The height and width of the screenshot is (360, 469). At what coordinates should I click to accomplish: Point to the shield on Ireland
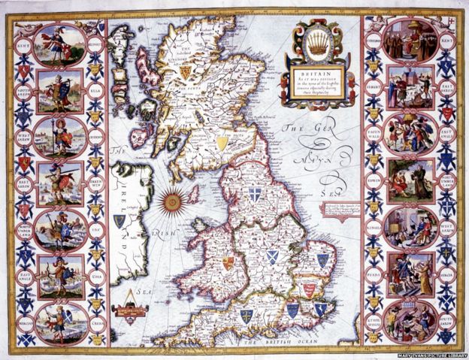(120, 221)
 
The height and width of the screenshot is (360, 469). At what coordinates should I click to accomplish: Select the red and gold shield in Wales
(228, 264)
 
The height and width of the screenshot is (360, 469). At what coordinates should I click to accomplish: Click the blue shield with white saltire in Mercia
(272, 256)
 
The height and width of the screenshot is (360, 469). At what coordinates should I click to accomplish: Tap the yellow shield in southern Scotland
(243, 141)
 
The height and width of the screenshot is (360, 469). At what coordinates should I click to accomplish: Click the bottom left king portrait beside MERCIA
(60, 321)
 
